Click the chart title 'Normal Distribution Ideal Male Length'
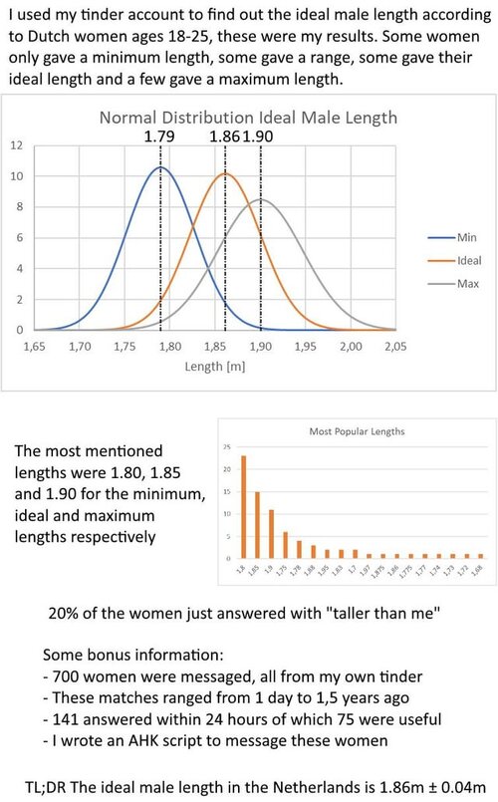pos(247,117)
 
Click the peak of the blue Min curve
pos(160,167)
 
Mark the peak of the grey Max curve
pos(261,199)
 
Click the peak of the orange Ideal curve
pos(225,174)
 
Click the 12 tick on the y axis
pos(16,144)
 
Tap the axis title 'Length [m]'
pos(214,366)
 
